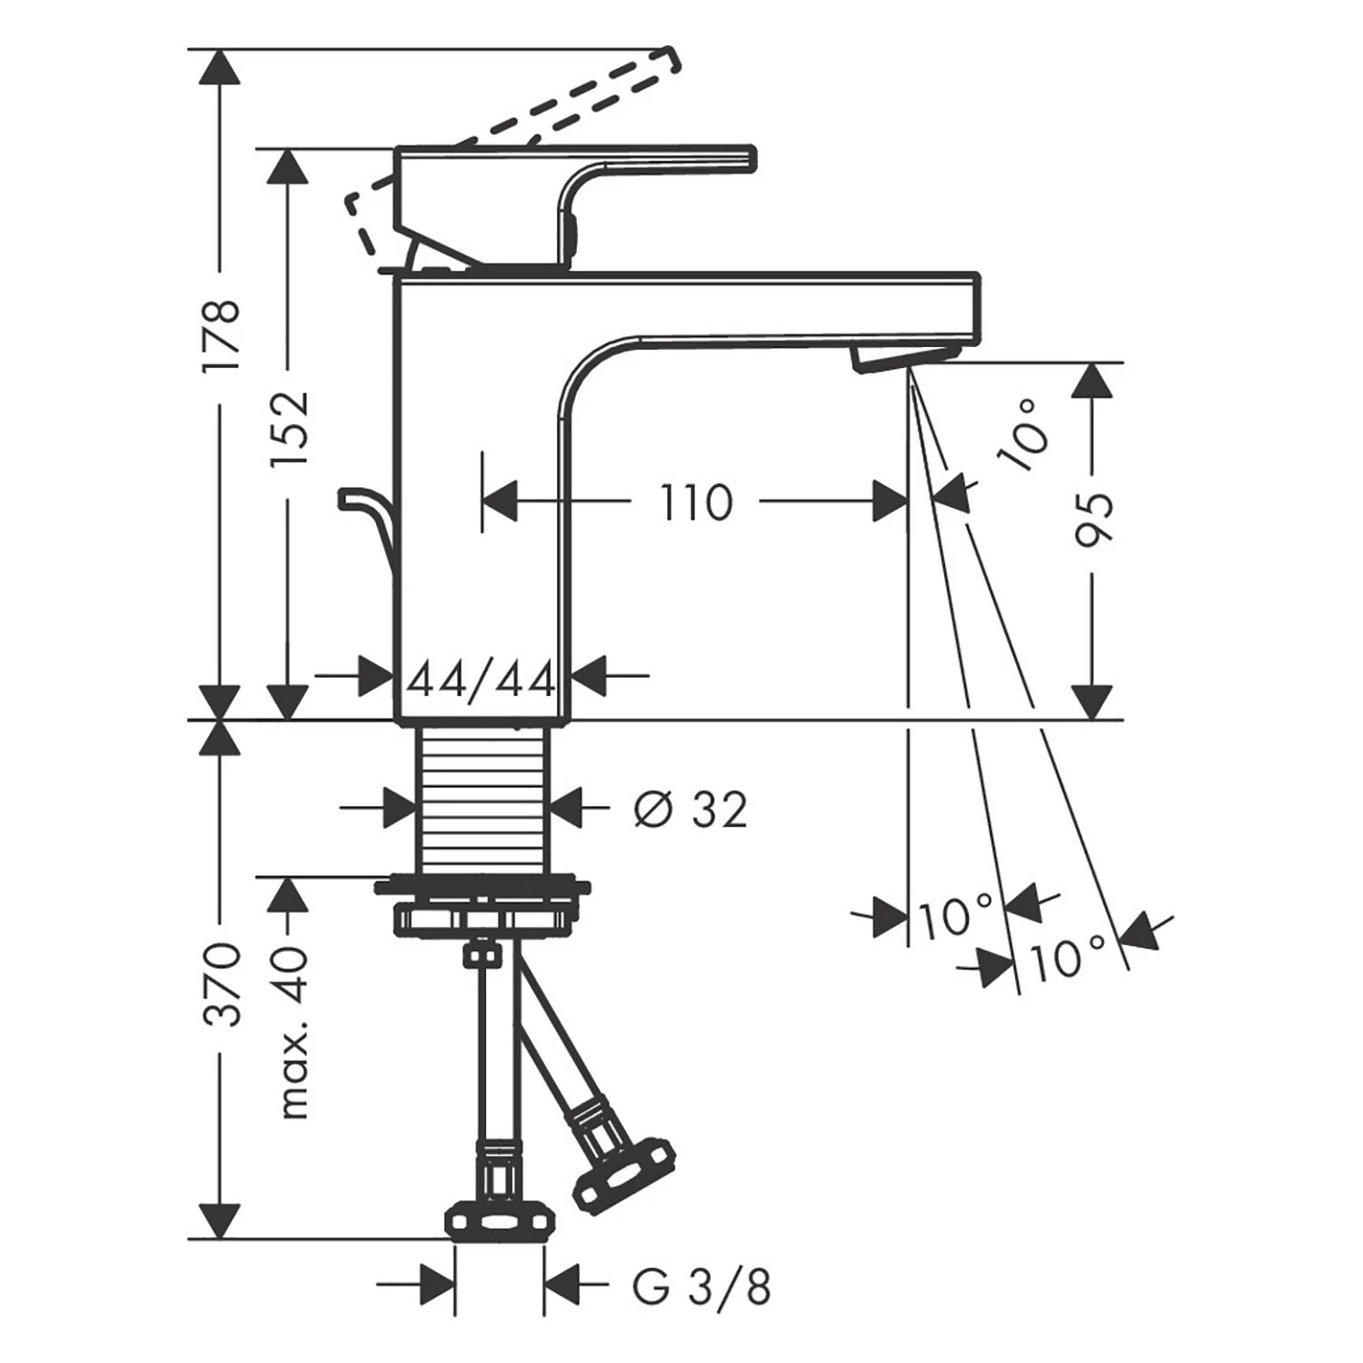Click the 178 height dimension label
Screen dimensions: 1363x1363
tap(220, 334)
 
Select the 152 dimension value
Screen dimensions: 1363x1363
tap(291, 429)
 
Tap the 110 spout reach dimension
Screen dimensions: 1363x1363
tap(695, 502)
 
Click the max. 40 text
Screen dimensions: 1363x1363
tap(293, 1032)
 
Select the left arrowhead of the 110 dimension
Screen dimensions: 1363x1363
tap(501, 502)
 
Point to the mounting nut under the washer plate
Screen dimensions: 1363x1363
tap(483, 919)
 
